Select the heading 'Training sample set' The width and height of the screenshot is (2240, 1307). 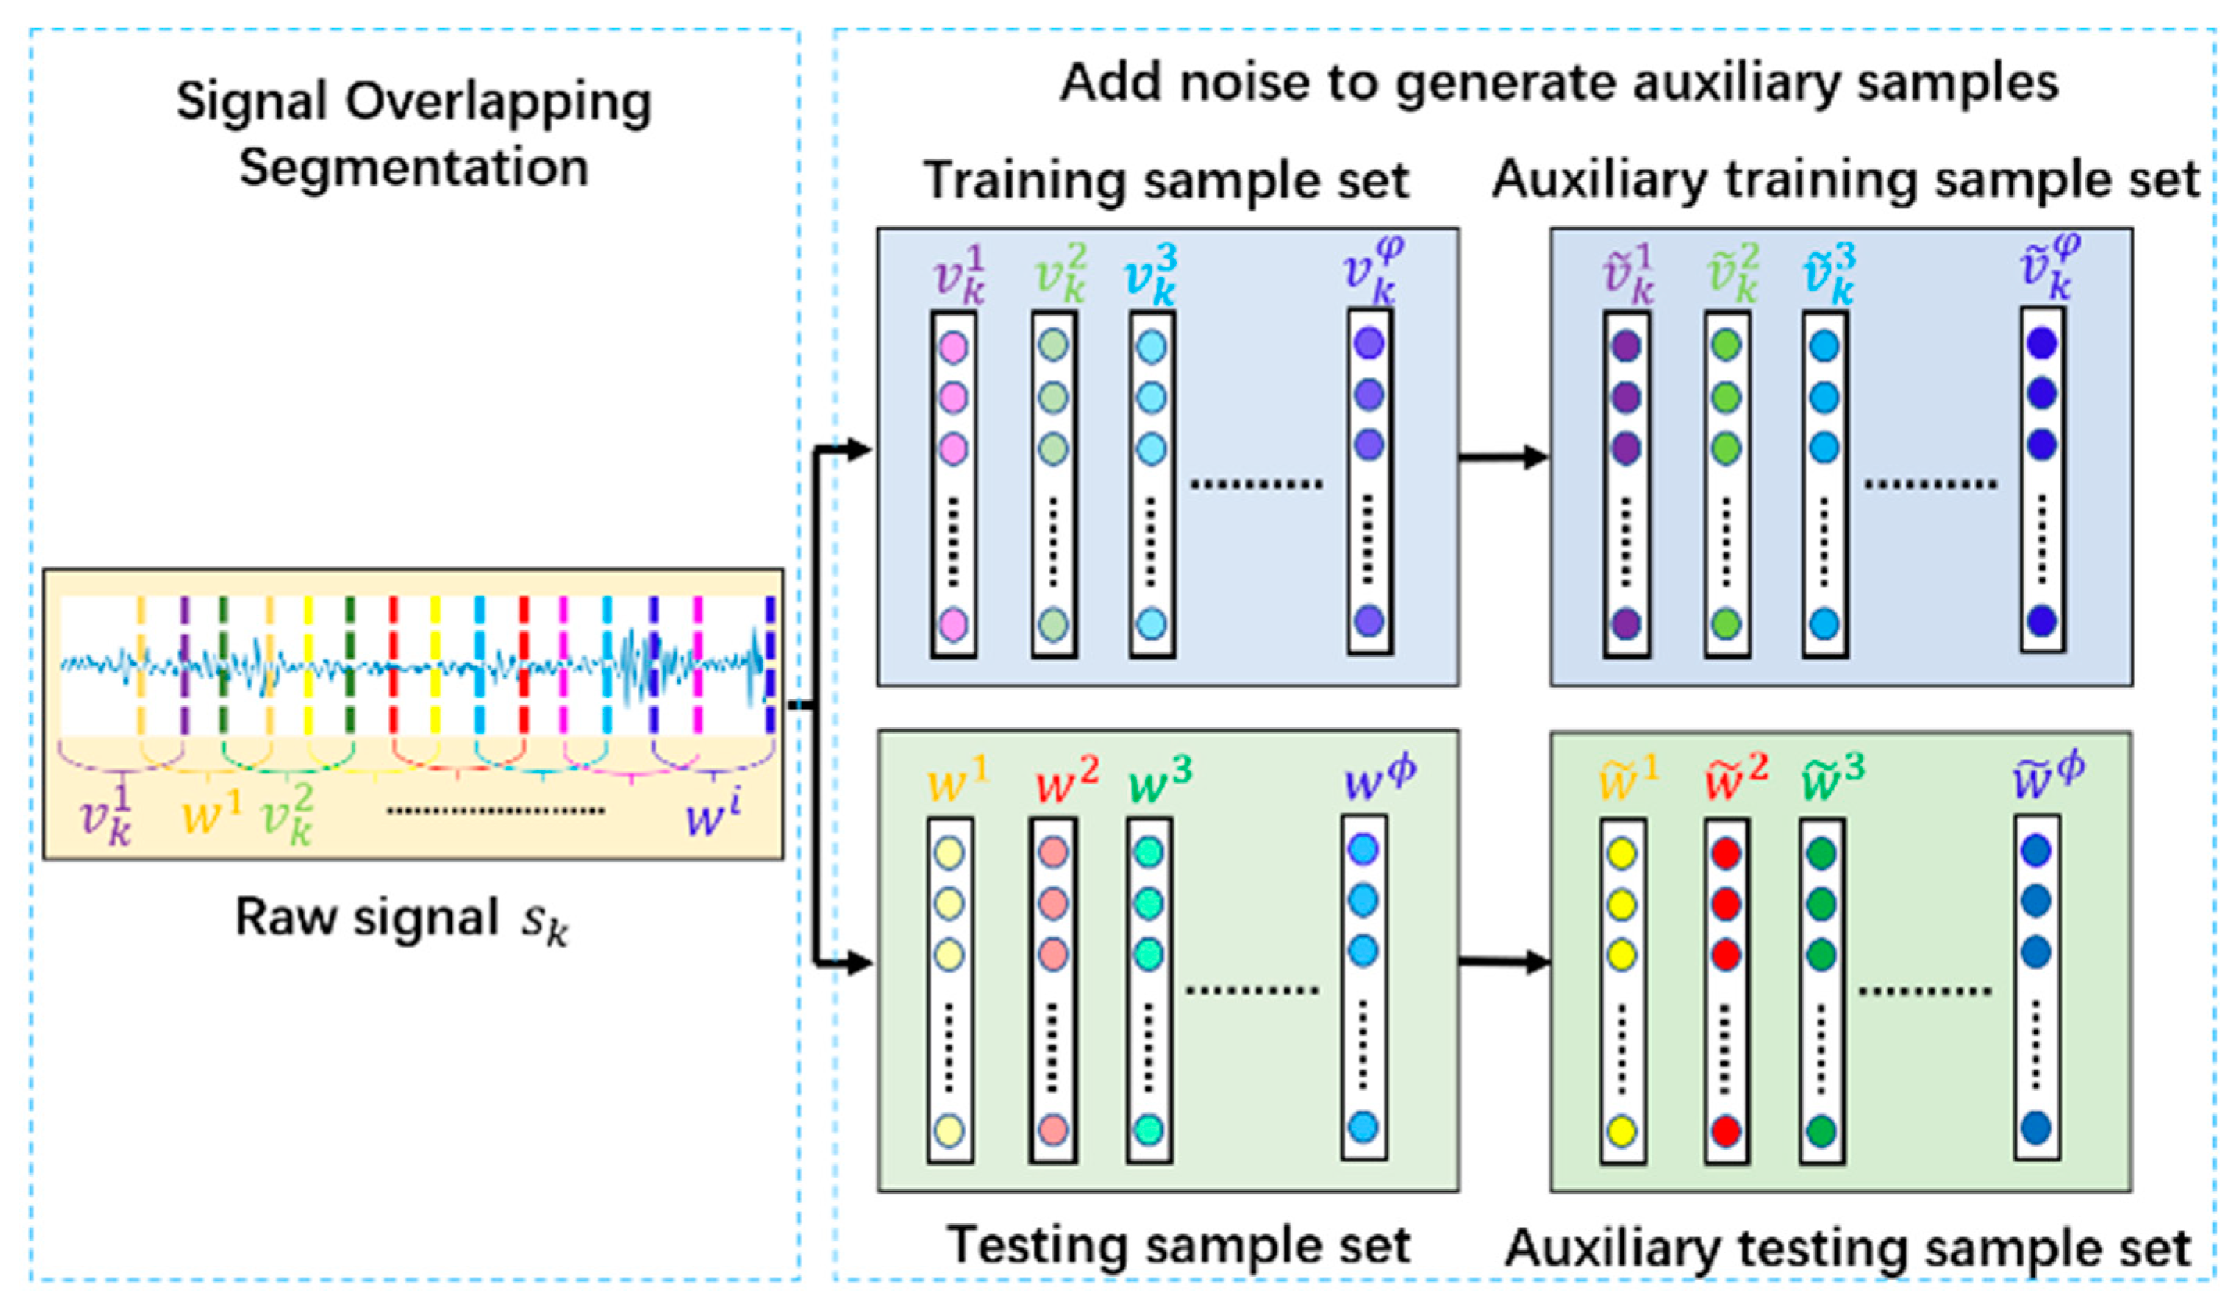pyautogui.click(x=1166, y=181)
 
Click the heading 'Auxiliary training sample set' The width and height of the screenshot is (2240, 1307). pyautogui.click(x=1845, y=180)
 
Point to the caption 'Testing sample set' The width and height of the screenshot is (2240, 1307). pyautogui.click(x=1177, y=1246)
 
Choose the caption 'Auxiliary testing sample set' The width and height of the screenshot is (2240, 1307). pyautogui.click(x=1847, y=1248)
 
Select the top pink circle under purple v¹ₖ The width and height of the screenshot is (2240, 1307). pyautogui.click(x=953, y=348)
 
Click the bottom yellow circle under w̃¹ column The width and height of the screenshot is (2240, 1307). pyautogui.click(x=1621, y=1131)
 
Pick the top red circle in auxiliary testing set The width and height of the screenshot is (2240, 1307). pyautogui.click(x=1725, y=854)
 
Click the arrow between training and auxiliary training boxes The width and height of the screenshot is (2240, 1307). pyautogui.click(x=1504, y=458)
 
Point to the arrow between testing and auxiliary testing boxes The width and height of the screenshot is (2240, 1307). pyautogui.click(x=1504, y=962)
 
